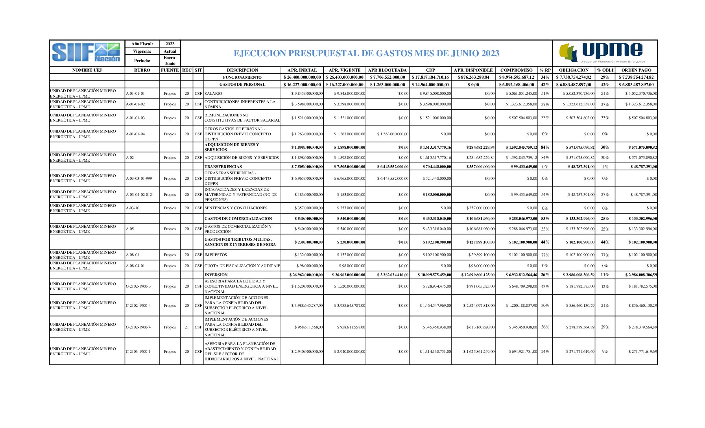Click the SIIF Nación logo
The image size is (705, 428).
86,53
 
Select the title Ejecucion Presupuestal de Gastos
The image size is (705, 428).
366,53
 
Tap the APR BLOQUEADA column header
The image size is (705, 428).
387,70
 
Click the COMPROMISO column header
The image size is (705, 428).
516,70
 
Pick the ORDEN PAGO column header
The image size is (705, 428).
636,70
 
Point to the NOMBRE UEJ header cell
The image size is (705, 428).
87,70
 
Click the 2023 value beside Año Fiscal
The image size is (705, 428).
170,44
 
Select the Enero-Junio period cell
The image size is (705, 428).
170,61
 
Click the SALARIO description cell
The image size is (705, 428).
213,94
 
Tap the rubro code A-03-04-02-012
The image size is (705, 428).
139,195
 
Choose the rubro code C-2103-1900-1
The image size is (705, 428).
138,352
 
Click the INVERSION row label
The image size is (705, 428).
216,275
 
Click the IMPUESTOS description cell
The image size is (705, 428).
216,255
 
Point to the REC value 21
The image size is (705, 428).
187,327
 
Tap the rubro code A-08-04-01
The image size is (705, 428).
135,266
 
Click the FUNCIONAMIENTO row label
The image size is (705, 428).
242,77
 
